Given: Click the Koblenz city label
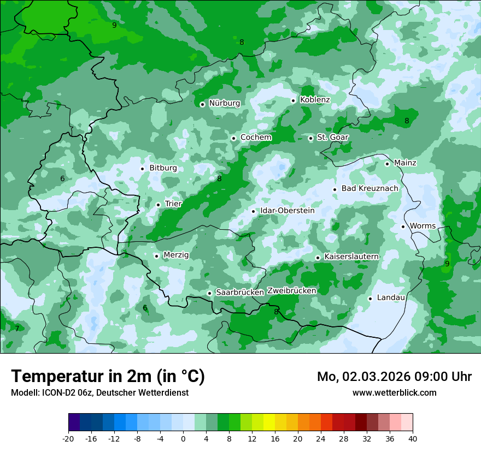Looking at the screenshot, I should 315,100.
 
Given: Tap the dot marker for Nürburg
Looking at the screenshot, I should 202,104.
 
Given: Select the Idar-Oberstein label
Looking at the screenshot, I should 288,211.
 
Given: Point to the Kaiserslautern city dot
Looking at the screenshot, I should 318,258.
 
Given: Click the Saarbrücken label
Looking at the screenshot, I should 240,293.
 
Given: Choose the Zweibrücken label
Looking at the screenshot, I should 291,291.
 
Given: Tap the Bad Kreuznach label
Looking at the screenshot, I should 369,188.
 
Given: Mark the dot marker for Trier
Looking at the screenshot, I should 158,205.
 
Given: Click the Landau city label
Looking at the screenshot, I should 391,297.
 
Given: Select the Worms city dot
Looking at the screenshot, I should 403,226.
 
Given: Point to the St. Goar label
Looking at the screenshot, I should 332,138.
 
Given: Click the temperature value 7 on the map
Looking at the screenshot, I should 17,329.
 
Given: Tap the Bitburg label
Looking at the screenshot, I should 163,168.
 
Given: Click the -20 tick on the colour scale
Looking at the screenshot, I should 68,438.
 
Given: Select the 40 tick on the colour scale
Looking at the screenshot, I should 413,438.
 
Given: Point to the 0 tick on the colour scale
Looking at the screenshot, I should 183,438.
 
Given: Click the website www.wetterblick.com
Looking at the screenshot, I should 394,392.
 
